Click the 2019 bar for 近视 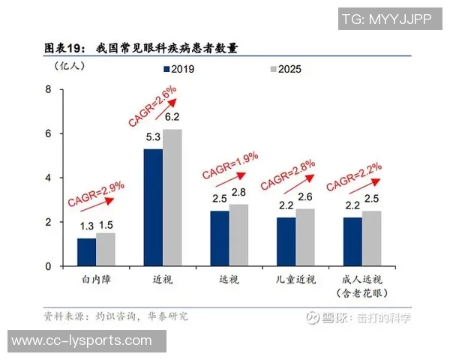pyautogui.click(x=153, y=207)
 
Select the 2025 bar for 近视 pyautogui.click(x=172, y=197)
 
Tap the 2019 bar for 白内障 pyautogui.click(x=86, y=251)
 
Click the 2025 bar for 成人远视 pyautogui.click(x=372, y=238)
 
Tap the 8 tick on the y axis pyautogui.click(x=49, y=89)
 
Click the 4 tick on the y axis pyautogui.click(x=49, y=178)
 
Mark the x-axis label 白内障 pyautogui.click(x=96, y=279)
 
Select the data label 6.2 pyautogui.click(x=172, y=117)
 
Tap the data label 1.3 pyautogui.click(x=86, y=226)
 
